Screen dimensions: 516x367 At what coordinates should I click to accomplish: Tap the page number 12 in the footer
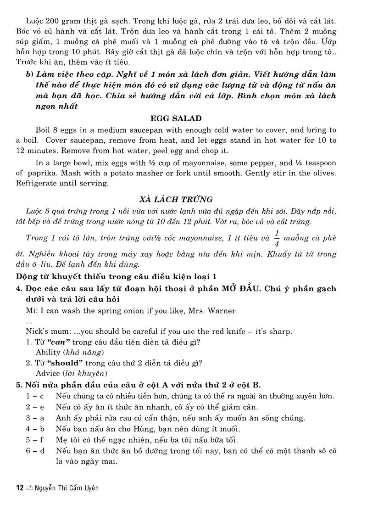[19, 488]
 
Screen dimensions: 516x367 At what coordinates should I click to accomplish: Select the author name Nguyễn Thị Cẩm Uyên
[67, 488]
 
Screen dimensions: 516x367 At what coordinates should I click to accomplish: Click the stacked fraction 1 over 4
[276, 238]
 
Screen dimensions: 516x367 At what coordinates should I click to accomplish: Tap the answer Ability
[48, 353]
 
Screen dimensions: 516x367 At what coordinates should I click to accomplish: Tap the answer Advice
[48, 373]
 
